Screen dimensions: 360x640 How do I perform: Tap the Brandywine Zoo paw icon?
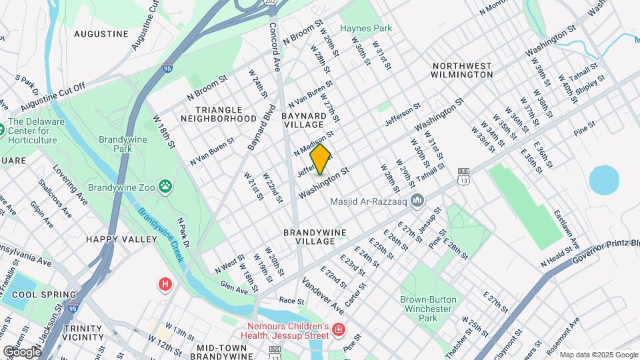165,187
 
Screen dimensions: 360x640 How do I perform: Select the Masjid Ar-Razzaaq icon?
418,200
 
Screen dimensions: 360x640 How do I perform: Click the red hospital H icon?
165,285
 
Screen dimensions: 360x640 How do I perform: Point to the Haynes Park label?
366,28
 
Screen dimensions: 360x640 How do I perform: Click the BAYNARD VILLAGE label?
303,120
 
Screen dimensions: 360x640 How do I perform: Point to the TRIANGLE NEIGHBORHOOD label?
226,113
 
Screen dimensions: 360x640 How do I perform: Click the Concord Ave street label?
275,47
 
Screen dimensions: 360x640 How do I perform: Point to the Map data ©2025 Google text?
598,355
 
